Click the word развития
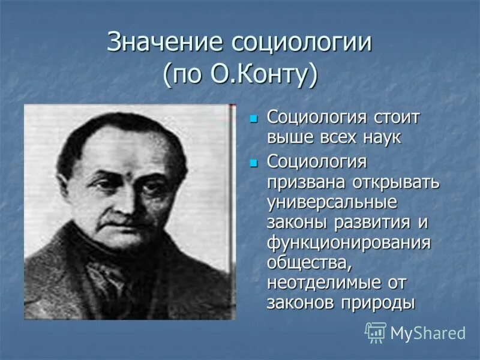pyautogui.click(x=368, y=223)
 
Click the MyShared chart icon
pyautogui.click(x=376, y=332)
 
